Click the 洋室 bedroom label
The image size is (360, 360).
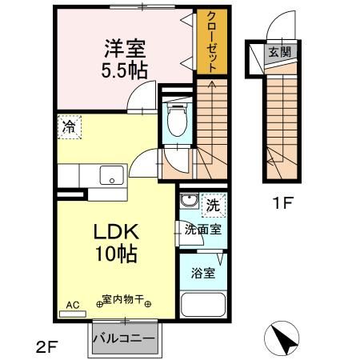coord(124,47)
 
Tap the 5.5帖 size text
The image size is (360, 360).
coord(124,69)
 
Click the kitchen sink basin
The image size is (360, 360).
coord(110,174)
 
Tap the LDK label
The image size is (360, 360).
coord(118,233)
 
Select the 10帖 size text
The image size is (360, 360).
coord(118,255)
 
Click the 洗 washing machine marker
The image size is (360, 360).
coord(213,205)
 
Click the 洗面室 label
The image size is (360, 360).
coord(203,229)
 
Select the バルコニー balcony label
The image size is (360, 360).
coord(123,337)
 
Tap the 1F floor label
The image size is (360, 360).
coord(281,202)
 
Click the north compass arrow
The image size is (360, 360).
coord(282,339)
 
